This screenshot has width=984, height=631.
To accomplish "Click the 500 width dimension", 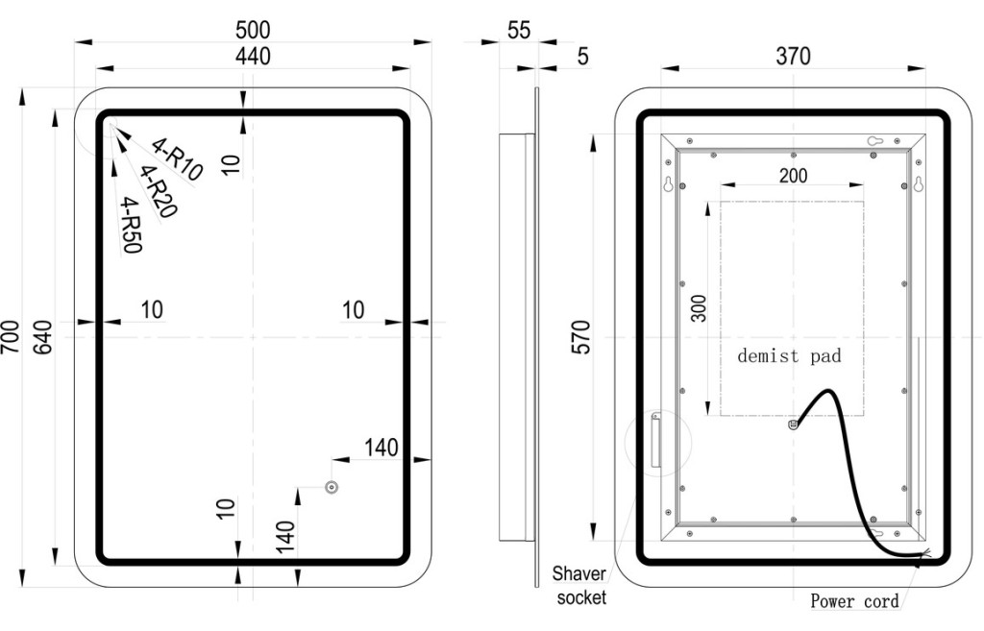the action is tap(253, 30).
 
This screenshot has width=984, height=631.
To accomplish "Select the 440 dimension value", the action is tap(253, 56).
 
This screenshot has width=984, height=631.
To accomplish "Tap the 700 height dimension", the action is tap(11, 337).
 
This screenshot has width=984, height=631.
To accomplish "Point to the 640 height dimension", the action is tap(42, 337).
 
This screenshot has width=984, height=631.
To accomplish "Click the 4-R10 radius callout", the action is tap(178, 159).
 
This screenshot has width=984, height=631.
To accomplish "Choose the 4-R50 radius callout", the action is tap(132, 225).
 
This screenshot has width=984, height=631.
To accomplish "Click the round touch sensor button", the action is tap(332, 487).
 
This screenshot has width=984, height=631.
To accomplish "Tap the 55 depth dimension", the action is tap(519, 30).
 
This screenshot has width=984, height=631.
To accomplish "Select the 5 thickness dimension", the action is tap(583, 57).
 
